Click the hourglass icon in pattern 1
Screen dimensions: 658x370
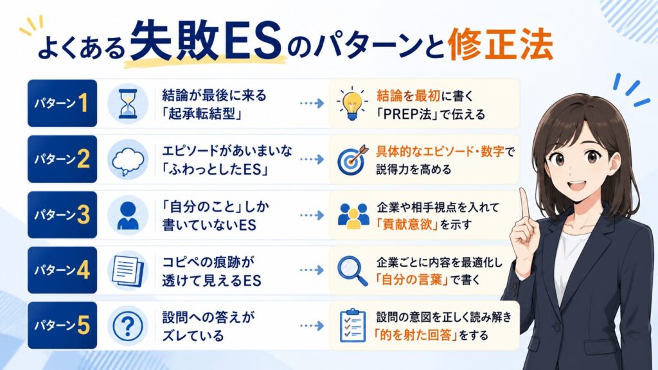[128, 103]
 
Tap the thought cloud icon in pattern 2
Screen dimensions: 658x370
[128, 160]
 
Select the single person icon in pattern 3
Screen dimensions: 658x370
[128, 215]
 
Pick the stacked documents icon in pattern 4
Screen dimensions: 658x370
[128, 270]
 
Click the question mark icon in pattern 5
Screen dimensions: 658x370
[128, 326]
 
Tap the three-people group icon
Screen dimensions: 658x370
[353, 216]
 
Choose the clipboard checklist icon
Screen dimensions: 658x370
[352, 326]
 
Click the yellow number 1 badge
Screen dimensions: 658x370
[83, 103]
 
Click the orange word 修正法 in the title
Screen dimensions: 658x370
[500, 44]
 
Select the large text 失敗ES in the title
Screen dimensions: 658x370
[205, 42]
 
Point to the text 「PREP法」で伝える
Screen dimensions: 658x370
[431, 114]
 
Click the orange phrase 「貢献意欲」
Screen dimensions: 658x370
[407, 224]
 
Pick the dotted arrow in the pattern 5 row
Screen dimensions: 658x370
[312, 326]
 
